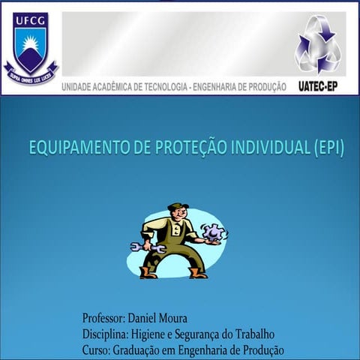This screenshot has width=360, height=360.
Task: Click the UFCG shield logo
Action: coord(30,45)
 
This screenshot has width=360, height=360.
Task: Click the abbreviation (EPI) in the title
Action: coord(327,148)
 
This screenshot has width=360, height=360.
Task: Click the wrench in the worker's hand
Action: coord(147,246)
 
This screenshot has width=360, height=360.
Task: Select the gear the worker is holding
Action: coord(213,232)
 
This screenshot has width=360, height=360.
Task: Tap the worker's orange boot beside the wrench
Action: coord(148,272)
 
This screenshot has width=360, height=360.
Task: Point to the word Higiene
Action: coord(148,334)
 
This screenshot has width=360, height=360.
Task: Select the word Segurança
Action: coord(206,334)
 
